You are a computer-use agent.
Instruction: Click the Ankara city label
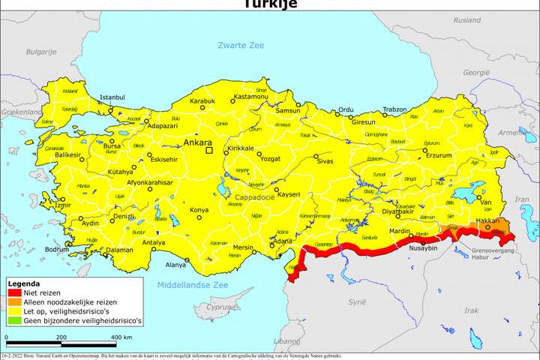click(x=197, y=142)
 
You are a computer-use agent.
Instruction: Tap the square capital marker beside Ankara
click(x=211, y=150)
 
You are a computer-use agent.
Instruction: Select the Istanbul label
click(x=112, y=97)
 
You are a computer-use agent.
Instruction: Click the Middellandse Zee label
click(x=192, y=286)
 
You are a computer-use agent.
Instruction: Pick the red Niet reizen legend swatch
click(x=14, y=293)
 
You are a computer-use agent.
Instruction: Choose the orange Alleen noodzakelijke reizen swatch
click(x=14, y=302)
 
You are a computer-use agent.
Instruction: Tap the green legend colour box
click(x=14, y=320)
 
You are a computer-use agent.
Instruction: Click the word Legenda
click(x=24, y=284)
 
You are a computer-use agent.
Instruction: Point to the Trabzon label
click(x=394, y=109)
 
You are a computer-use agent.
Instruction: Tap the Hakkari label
click(x=487, y=221)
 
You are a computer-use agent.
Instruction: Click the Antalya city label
click(x=153, y=243)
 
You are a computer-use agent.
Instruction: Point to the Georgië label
click(x=475, y=73)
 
